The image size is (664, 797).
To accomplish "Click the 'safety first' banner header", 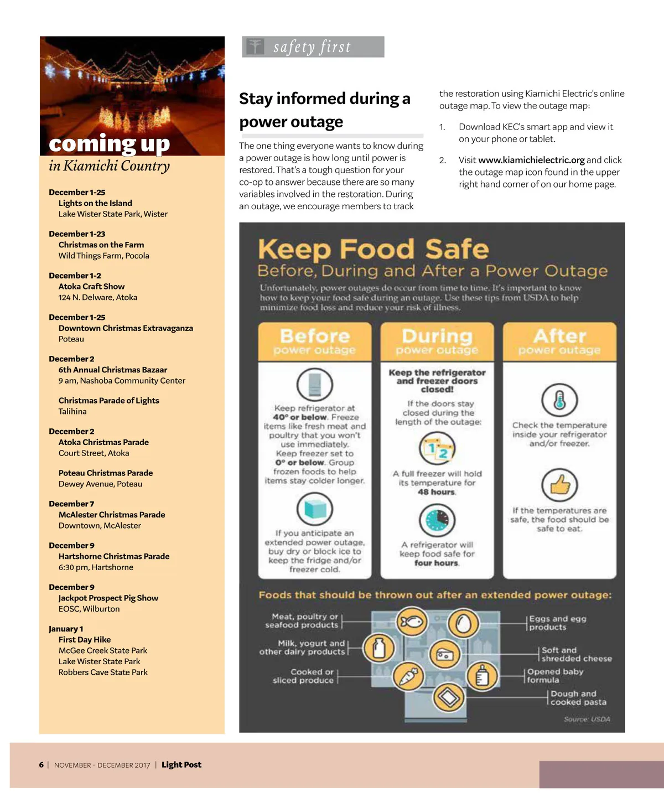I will click(313, 47).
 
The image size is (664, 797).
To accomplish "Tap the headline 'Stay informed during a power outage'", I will click(324, 110).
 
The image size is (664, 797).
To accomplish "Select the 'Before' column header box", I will click(314, 341).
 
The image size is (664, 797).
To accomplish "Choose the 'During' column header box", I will click(437, 341).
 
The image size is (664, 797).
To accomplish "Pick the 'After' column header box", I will click(559, 341).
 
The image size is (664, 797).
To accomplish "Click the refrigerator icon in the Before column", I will click(314, 384).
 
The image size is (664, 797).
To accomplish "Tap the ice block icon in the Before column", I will click(314, 509).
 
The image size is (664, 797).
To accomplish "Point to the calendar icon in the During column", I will click(437, 449).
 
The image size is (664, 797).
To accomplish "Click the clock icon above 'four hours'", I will click(437, 520).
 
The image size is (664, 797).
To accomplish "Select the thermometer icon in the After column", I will click(559, 400).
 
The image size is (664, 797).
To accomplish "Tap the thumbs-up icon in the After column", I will click(559, 485).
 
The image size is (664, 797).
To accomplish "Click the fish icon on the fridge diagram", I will click(411, 622).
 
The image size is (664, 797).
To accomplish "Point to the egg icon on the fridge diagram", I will click(463, 623).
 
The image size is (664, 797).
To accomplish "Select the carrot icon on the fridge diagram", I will click(408, 676).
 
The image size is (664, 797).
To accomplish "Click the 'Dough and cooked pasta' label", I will click(578, 698).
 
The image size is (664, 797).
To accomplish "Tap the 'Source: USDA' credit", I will click(587, 720).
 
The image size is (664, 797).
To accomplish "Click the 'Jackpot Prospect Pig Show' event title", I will click(108, 598).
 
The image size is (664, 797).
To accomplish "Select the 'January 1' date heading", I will click(66, 629).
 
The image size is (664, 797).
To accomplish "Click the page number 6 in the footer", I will click(41, 765).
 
